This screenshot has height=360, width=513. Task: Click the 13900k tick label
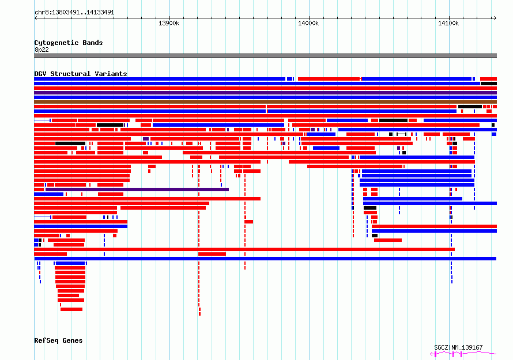169,23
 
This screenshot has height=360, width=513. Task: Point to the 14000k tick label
308,23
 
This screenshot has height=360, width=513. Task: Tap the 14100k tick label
448,23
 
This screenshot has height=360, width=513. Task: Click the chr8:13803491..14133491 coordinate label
74,13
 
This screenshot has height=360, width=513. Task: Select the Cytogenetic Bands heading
69,43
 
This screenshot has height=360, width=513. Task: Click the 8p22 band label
42,50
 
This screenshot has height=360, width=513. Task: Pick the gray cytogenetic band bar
265,56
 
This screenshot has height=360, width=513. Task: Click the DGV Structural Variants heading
81,74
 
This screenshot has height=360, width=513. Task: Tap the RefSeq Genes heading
58,340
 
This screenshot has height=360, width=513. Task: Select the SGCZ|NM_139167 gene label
458,347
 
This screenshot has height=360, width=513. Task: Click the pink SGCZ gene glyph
463,354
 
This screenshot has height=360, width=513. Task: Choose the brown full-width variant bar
265,102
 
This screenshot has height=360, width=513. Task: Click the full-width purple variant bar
265,93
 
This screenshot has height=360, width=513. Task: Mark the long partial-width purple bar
137,190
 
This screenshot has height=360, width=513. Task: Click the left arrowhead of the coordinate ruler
36,18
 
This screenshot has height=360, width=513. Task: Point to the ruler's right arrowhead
495,18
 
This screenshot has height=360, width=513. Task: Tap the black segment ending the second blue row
489,84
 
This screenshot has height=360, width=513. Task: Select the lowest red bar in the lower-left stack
71,309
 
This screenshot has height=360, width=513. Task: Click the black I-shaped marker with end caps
401,134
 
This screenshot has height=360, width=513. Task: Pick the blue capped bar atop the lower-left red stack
70,263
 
